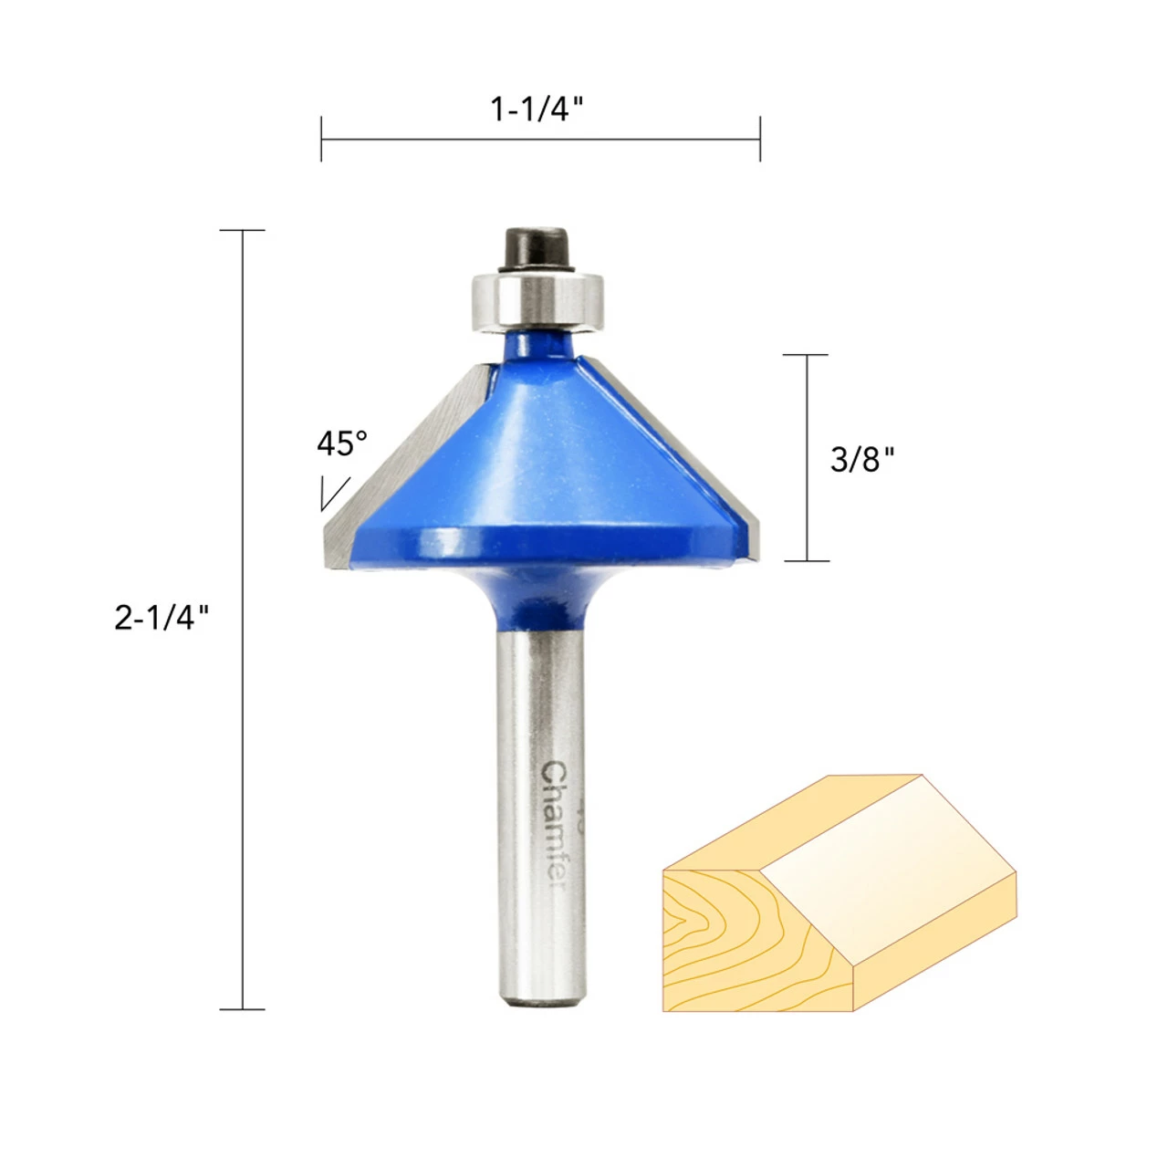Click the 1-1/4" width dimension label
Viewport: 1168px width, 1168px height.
pyautogui.click(x=537, y=110)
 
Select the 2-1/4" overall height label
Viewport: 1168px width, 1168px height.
pyautogui.click(x=162, y=619)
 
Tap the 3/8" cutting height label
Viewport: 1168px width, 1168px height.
pyautogui.click(x=861, y=459)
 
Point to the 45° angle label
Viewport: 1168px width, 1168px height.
pyautogui.click(x=342, y=444)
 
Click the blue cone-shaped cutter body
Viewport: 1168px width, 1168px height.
pyautogui.click(x=538, y=456)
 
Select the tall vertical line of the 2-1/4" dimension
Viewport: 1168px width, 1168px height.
pyautogui.click(x=243, y=821)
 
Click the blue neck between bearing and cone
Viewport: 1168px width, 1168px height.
pyautogui.click(x=537, y=347)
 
